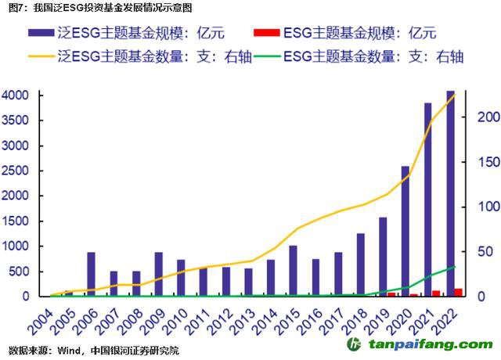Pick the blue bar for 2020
pos(405,231)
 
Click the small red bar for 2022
pos(458,293)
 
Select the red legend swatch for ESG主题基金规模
pos(266,33)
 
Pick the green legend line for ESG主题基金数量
pos(266,56)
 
